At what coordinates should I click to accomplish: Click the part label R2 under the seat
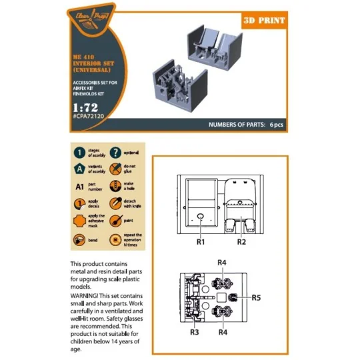point(242,240)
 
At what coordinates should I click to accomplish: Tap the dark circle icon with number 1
point(79,153)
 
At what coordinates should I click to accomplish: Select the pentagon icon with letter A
point(79,169)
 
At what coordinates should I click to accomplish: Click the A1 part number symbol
point(79,186)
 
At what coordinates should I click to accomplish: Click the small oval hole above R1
point(201,216)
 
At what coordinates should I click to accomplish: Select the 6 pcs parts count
point(277,125)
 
